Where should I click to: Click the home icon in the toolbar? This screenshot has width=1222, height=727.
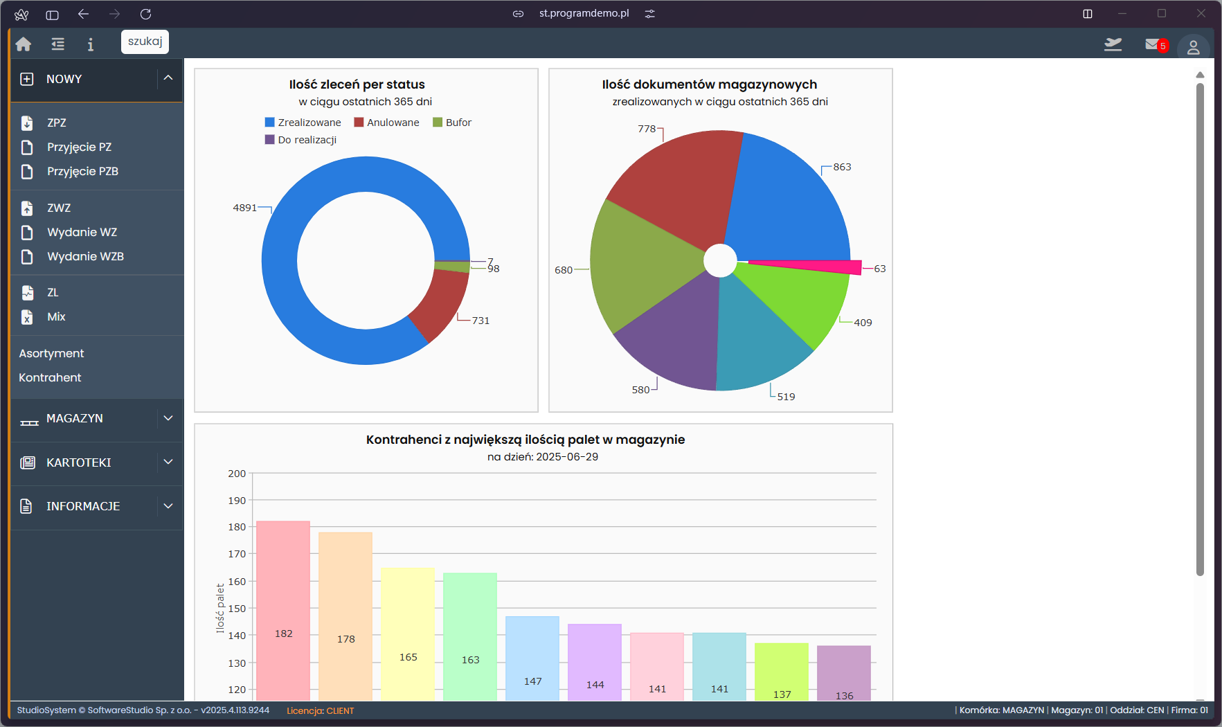tap(24, 44)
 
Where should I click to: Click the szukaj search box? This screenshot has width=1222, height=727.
tap(145, 42)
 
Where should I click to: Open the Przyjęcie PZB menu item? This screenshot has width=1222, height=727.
tap(82, 171)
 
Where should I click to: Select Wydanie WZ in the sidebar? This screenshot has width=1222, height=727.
tap(82, 232)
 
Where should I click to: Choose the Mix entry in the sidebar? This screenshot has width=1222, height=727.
tap(56, 316)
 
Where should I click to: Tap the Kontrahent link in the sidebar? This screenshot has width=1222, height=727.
tap(50, 377)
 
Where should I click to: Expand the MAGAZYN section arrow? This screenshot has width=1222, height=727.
tap(168, 418)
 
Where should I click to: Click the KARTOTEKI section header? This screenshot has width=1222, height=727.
tap(79, 463)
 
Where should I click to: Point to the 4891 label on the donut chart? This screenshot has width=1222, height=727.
tap(245, 208)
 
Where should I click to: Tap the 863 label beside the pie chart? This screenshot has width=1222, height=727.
tap(842, 167)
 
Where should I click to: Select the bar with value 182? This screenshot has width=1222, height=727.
tap(283, 609)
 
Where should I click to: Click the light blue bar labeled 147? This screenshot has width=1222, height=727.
tap(532, 658)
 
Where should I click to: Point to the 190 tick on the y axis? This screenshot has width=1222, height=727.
tap(237, 501)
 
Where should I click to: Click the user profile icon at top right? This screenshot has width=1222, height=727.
tap(1193, 47)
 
